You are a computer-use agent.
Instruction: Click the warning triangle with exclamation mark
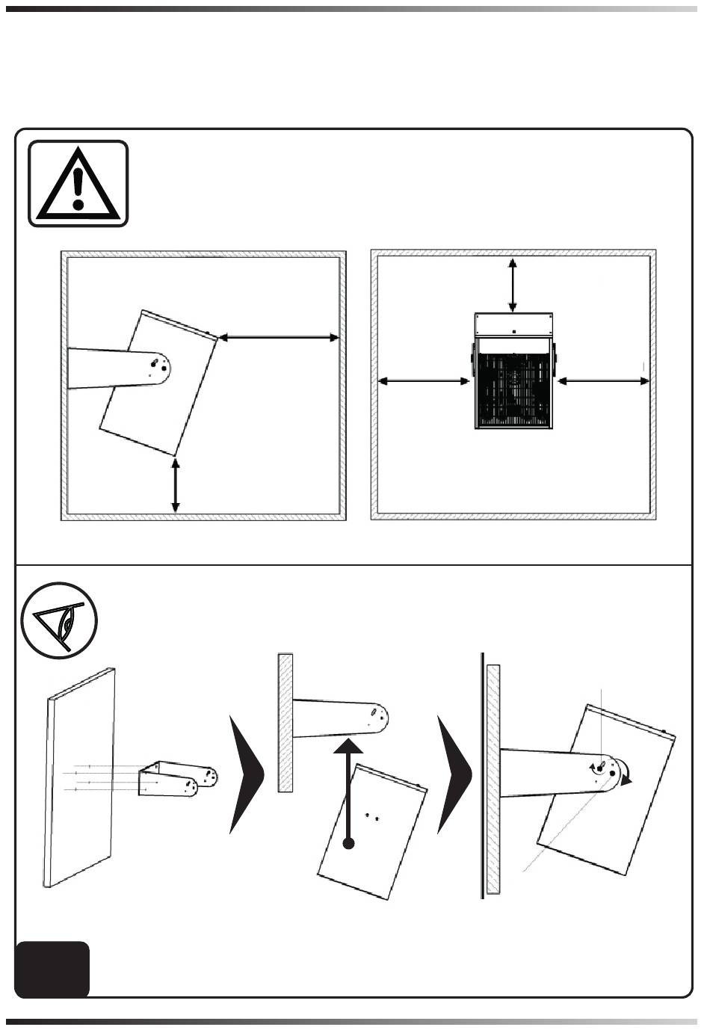[78, 183]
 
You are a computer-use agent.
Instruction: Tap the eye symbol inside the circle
[60, 620]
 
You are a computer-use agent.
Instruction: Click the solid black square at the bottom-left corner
[52, 969]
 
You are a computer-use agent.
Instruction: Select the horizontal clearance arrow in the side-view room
[279, 338]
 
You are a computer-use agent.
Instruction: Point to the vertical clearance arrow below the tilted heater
[176, 485]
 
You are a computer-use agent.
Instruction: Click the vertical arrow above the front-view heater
[512, 284]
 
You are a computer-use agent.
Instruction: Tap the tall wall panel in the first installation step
[81, 777]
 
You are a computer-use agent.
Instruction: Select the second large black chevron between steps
[454, 774]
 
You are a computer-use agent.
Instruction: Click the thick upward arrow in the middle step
[348, 785]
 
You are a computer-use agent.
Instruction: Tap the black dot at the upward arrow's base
[348, 844]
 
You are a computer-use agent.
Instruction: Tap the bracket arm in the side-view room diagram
[112, 368]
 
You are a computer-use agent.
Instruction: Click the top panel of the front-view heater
[514, 324]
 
